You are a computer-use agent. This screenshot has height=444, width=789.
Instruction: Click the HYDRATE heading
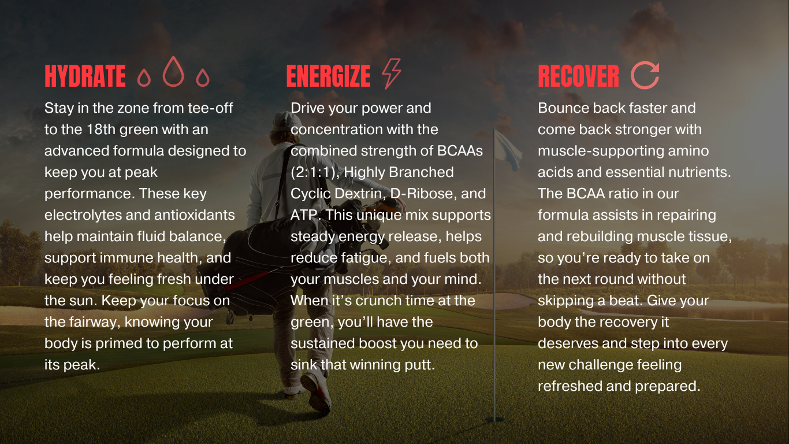[85, 76]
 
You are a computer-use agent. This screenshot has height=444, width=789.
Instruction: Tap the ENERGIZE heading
[328, 76]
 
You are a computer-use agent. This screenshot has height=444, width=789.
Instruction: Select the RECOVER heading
[578, 76]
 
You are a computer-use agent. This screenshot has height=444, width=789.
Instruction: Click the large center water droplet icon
[173, 71]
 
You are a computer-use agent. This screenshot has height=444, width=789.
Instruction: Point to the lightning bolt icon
[392, 73]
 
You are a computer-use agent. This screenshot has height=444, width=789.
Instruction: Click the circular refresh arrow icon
[645, 75]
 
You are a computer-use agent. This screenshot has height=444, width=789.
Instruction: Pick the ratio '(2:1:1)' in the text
[315, 172]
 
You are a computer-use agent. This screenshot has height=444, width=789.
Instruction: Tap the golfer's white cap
[286, 121]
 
